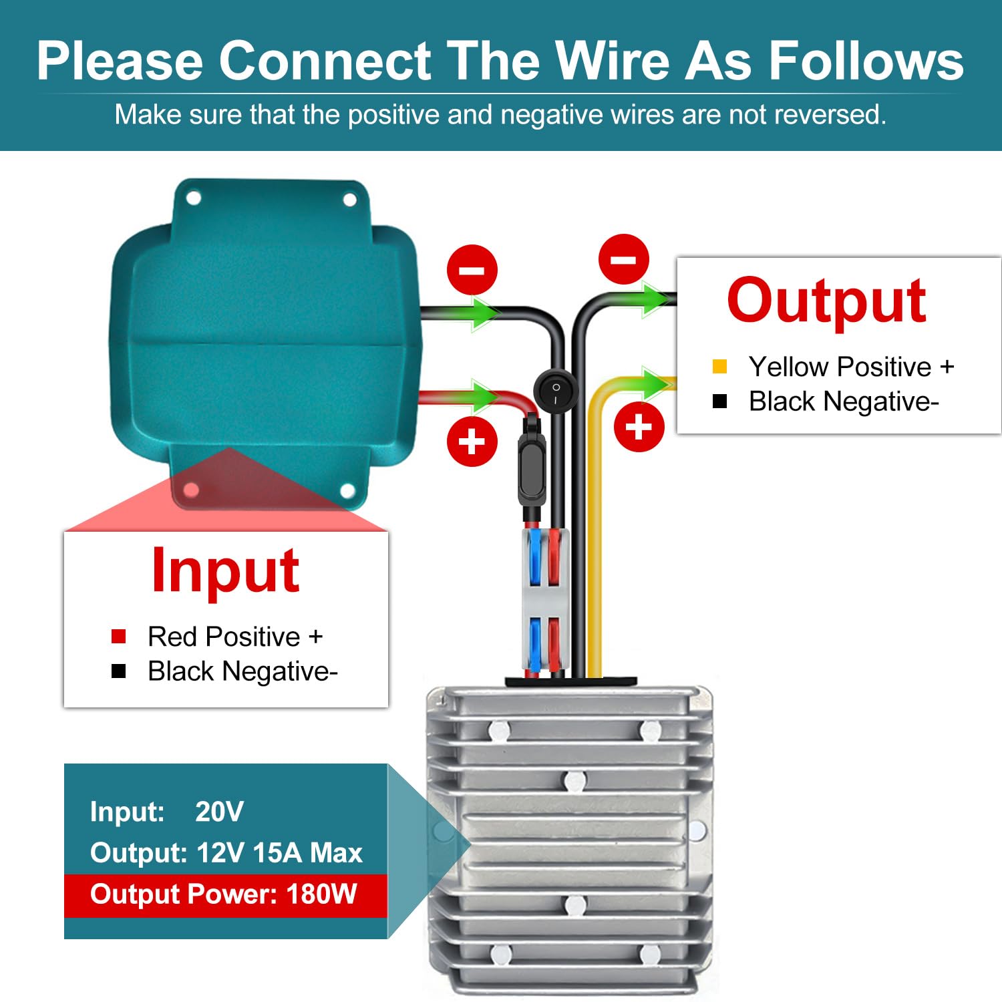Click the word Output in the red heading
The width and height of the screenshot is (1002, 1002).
(x=826, y=301)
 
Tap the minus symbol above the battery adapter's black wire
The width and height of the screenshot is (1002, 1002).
(x=472, y=270)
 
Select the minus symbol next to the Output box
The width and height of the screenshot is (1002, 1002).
(x=624, y=259)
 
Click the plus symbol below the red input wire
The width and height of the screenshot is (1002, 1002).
(x=472, y=442)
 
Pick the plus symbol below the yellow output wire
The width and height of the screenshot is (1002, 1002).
(x=639, y=427)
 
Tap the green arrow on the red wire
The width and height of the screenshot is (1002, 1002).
(x=482, y=397)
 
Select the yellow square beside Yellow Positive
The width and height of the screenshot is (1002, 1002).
(x=719, y=366)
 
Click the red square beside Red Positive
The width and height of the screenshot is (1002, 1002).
(x=119, y=636)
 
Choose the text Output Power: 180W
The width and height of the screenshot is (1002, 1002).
(x=224, y=894)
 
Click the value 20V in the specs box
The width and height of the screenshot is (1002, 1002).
(x=219, y=812)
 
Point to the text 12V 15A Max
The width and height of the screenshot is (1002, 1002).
(x=280, y=853)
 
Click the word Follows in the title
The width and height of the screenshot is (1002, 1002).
(x=866, y=61)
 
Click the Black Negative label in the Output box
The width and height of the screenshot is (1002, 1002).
(x=844, y=401)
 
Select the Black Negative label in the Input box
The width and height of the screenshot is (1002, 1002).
(x=242, y=671)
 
